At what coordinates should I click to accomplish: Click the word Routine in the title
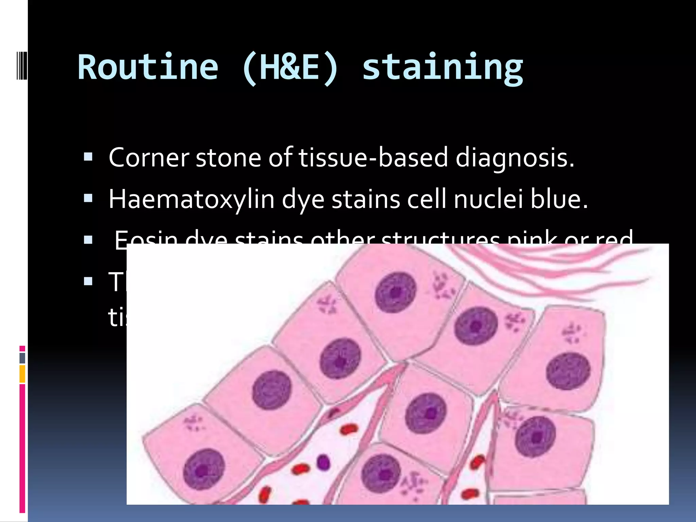point(148,67)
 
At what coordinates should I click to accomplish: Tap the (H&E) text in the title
point(291,67)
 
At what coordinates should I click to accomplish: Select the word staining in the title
point(442,68)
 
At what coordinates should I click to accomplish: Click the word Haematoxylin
point(191,199)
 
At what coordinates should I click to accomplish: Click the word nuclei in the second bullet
point(488,199)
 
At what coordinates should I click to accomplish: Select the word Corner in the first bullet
point(149,158)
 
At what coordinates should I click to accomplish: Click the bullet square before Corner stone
point(88,157)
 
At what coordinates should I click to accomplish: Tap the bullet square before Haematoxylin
point(88,198)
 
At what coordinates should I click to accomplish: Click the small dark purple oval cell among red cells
point(323,462)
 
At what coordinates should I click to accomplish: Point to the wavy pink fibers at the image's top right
point(557,268)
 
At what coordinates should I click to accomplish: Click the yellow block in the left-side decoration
point(22,374)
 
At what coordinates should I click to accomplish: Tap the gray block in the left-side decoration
point(22,358)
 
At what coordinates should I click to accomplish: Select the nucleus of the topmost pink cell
point(396,292)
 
